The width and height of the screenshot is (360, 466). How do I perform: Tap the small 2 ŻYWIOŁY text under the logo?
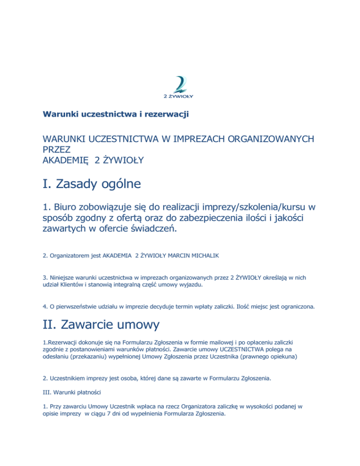pyautogui.click(x=179, y=96)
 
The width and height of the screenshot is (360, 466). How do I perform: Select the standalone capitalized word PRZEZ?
pyautogui.click(x=56, y=150)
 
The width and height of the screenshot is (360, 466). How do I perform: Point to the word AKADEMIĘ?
pyautogui.click(x=66, y=161)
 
